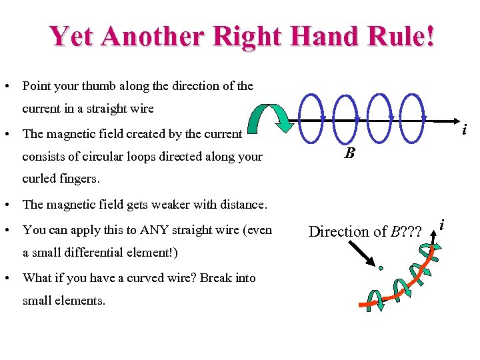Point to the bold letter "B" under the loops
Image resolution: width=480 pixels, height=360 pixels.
(349, 154)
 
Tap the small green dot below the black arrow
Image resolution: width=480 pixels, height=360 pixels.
(381, 269)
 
